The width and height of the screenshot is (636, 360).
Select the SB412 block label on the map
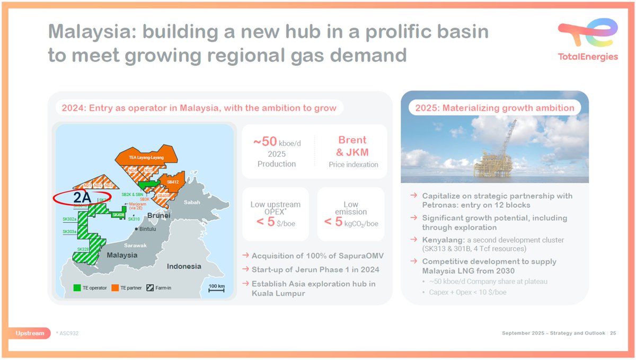[173, 182]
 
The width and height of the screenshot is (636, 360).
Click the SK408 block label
[117, 215]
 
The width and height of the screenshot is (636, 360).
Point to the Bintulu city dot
[137, 229]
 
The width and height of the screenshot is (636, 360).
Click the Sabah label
[192, 203]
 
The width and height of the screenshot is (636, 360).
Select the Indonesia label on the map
[184, 266]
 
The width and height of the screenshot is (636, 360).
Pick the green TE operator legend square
[77, 288]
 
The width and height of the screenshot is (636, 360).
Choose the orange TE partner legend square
[115, 288]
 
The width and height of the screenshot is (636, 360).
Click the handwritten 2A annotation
[83, 197]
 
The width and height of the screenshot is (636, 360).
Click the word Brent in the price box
[352, 140]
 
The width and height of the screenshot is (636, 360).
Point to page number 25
[613, 333]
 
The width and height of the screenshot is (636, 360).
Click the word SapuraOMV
[360, 256]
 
